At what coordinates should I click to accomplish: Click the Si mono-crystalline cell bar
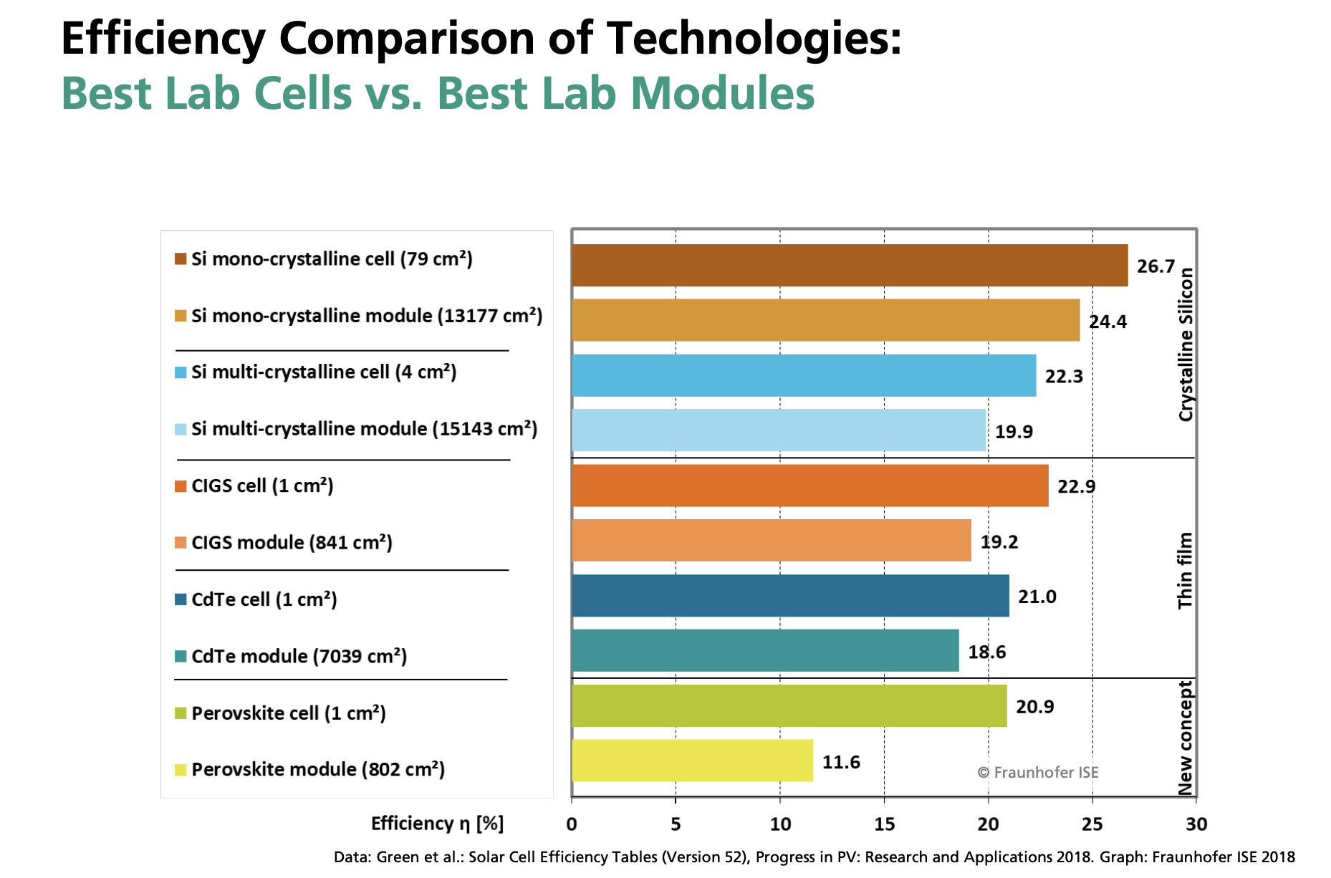pos(849,265)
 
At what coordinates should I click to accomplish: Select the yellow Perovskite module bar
pos(692,761)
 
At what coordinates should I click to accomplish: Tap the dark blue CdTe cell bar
pos(790,596)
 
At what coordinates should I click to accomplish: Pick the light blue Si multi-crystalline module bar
pos(779,430)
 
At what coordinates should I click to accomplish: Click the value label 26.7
pos(1155,266)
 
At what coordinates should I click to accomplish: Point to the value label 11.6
pos(841,762)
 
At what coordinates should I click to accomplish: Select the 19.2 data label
pos(999,542)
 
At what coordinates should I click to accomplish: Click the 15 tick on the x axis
pos(884,824)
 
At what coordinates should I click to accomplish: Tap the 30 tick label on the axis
pos(1196,824)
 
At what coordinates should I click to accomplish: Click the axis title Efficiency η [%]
pos(437,824)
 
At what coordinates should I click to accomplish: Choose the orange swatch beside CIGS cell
pos(181,486)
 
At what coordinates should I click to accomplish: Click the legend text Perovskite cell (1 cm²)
pos(289,713)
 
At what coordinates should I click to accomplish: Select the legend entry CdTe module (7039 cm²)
pos(299,656)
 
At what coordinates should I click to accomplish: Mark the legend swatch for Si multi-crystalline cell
pos(181,372)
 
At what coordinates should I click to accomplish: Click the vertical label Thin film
pos(1186,571)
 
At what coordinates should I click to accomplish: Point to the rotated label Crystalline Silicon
pos(1186,344)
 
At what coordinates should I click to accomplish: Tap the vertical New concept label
pos(1186,738)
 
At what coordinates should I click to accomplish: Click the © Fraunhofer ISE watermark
pos(1037,773)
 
